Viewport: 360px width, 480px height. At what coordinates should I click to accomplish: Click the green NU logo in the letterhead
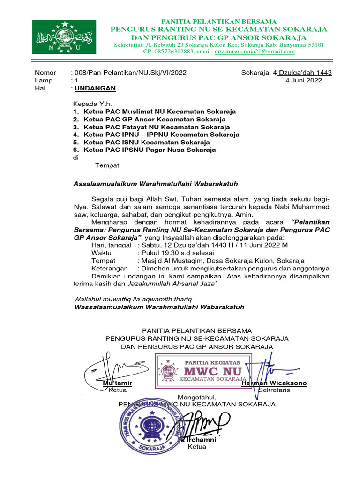tap(64, 37)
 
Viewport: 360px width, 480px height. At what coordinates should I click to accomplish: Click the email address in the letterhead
tap(255, 52)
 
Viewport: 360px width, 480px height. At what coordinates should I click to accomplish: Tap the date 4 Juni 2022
tap(304, 80)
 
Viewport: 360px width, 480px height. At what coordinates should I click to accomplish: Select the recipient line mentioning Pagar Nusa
tap(150, 150)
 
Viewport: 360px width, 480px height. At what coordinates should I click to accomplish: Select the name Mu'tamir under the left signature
tap(117, 383)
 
